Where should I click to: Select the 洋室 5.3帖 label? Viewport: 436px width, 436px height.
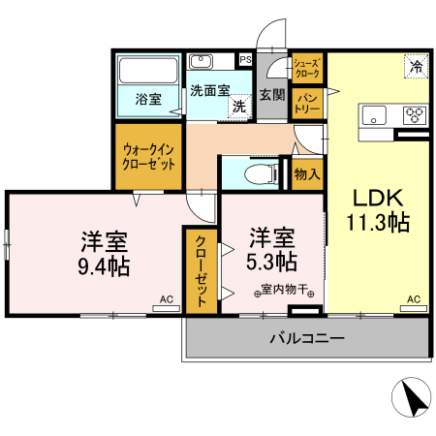[272, 249]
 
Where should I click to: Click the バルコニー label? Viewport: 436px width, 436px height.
[306, 339]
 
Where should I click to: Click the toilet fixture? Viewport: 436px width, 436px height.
[256, 174]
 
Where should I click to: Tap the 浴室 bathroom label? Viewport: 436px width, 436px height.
[147, 99]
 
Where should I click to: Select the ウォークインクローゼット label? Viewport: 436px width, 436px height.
[149, 157]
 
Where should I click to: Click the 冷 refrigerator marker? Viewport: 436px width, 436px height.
[415, 67]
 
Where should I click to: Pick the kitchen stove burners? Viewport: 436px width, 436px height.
[415, 113]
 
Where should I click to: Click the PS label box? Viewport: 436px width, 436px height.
[245, 60]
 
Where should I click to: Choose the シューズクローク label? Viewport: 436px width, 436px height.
[307, 67]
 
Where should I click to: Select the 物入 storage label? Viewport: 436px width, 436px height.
[307, 174]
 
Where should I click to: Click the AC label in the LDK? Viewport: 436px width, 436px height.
[414, 299]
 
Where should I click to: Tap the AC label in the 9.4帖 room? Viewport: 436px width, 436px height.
[166, 299]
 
